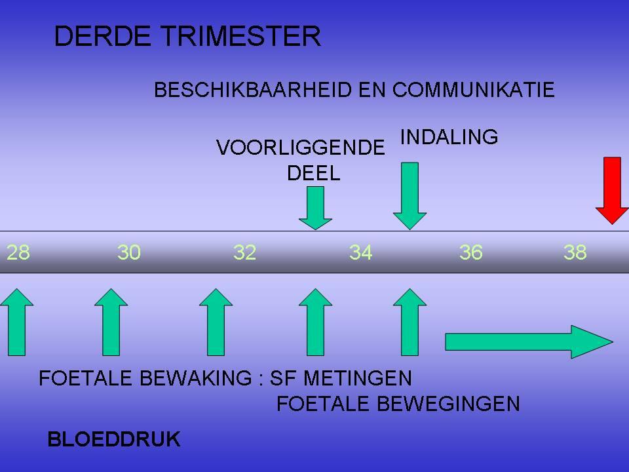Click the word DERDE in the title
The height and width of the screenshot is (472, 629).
point(103,35)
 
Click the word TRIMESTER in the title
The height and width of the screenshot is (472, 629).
point(241,35)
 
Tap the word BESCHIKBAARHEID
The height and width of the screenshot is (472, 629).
point(253,90)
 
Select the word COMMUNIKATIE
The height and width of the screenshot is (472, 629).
point(473,90)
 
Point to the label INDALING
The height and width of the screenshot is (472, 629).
point(449,137)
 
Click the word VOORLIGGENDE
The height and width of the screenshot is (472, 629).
point(301,147)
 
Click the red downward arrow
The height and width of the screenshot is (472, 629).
point(612,191)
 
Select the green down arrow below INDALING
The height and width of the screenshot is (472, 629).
point(410,196)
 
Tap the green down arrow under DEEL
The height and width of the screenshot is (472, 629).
point(315,208)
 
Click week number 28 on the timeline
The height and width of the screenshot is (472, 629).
point(18,252)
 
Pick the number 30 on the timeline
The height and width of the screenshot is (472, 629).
point(129,252)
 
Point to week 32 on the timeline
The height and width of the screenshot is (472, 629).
point(244,252)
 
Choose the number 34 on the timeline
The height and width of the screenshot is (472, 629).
point(360,252)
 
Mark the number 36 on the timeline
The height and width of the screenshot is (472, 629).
point(470,252)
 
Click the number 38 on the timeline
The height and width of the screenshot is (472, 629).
point(575,252)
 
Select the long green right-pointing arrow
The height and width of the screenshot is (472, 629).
point(529,342)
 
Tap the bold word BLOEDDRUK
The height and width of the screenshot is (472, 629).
point(114,439)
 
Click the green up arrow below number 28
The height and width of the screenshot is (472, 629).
point(16,323)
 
